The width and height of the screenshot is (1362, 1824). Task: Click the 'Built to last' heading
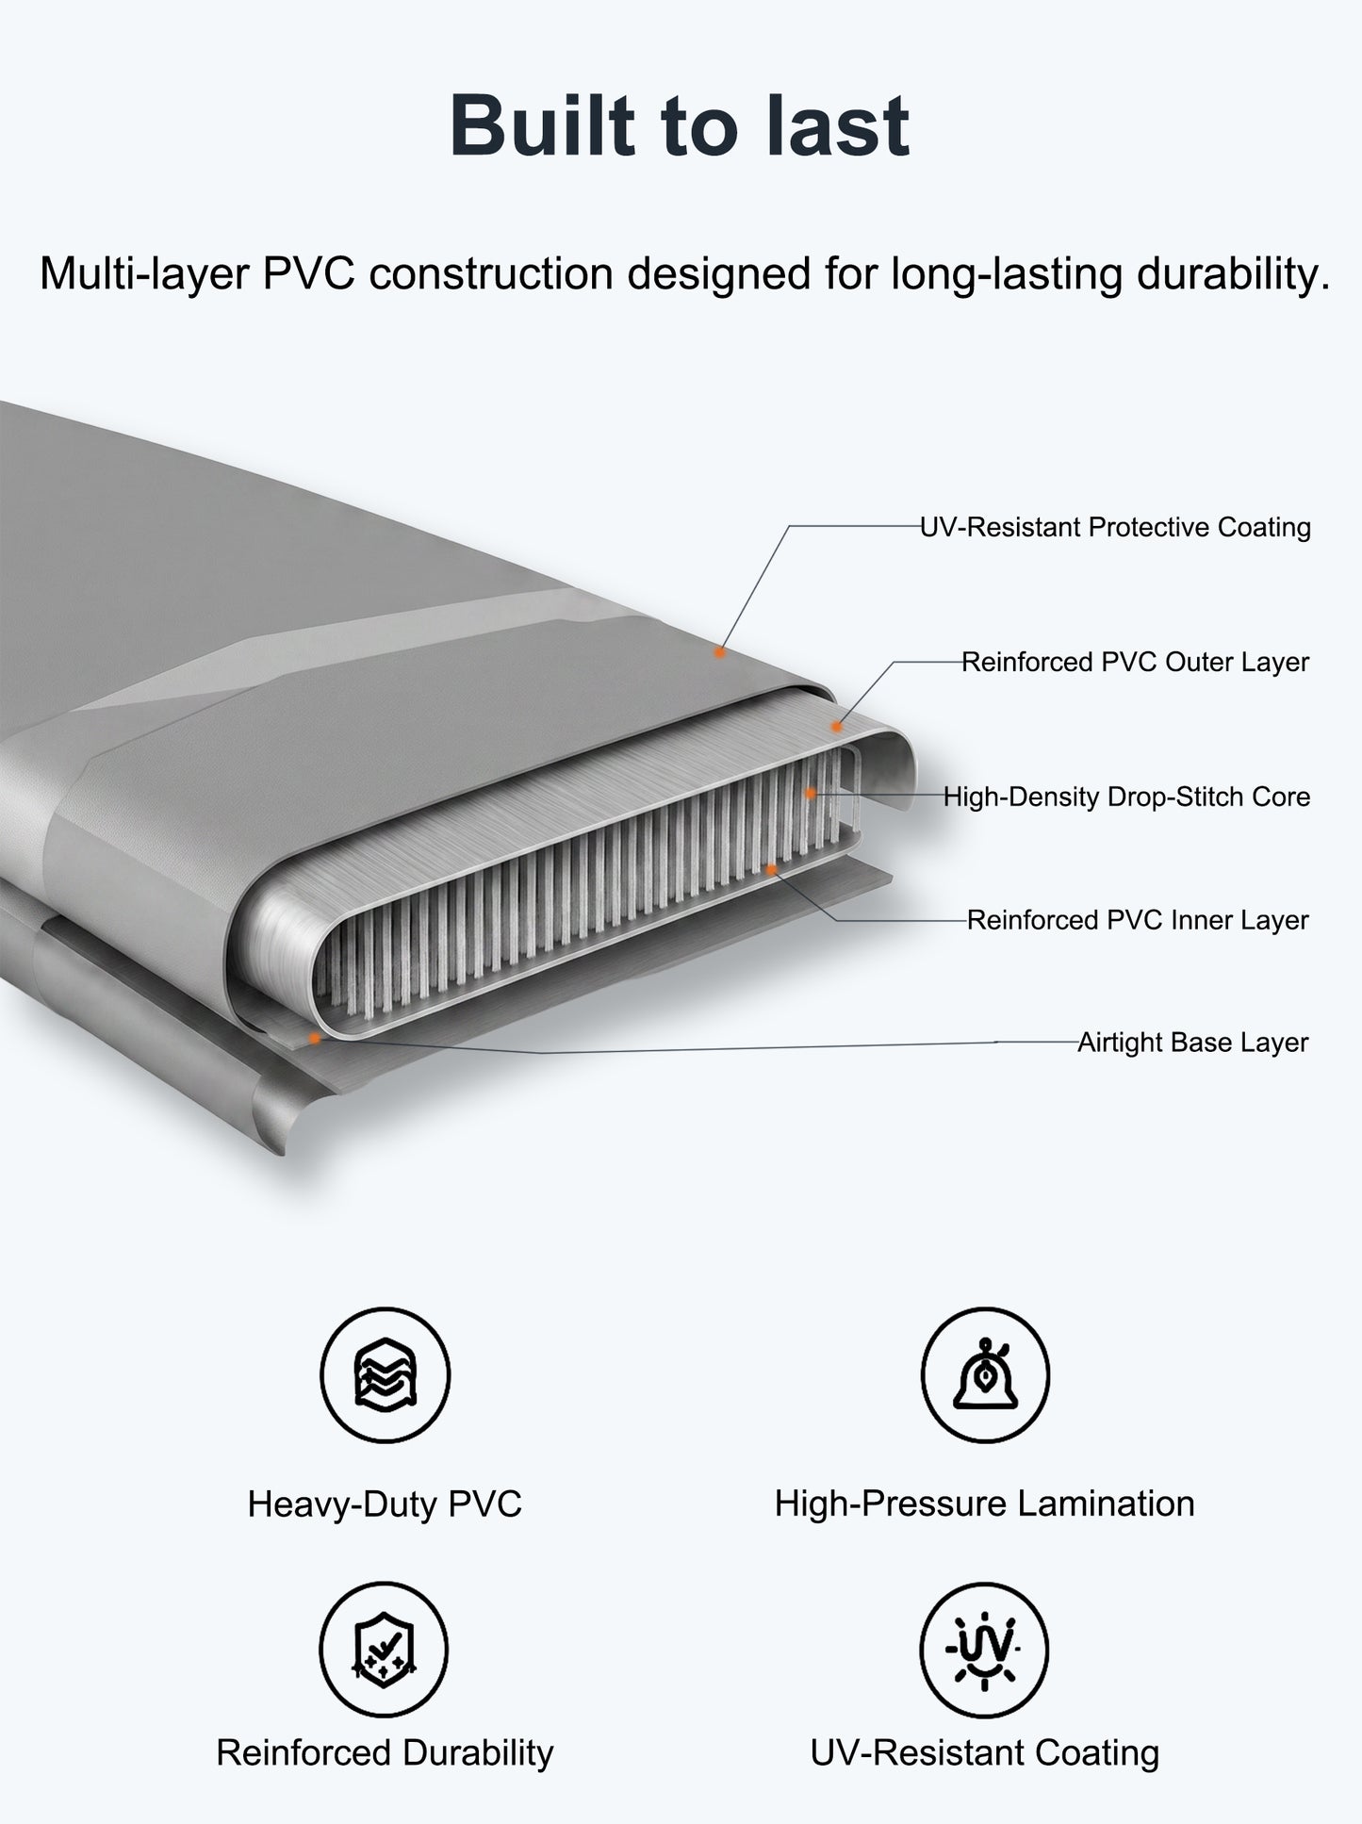pos(680,125)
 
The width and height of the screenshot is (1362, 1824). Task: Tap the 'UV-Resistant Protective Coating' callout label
pos(1115,527)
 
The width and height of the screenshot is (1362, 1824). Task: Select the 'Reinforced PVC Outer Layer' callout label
pos(1135,662)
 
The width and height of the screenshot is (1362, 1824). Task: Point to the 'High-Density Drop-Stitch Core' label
pos(1126,797)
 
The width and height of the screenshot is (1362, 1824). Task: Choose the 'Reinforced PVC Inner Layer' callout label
pos(1138,920)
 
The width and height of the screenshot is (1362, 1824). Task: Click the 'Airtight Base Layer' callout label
pos(1193,1043)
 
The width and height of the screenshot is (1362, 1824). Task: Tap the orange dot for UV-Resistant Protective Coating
pos(719,652)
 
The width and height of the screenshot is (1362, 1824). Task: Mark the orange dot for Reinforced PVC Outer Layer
pos(835,727)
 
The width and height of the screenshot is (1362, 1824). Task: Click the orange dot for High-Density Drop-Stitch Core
pos(811,795)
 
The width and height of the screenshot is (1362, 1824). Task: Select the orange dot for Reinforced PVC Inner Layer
pos(771,868)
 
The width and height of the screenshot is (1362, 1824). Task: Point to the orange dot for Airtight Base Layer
pos(315,1038)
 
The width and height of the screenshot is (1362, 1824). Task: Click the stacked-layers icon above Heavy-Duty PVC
pos(385,1373)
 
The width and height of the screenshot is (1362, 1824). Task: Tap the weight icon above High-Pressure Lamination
pos(985,1373)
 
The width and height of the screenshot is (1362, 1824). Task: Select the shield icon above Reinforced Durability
pos(385,1649)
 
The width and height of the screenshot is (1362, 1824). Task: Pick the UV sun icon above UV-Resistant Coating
pos(985,1649)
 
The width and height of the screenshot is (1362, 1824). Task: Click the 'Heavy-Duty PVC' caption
pos(385,1504)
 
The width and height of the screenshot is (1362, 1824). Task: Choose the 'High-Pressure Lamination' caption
pos(985,1504)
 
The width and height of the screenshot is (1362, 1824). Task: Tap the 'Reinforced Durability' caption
pos(385,1752)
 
